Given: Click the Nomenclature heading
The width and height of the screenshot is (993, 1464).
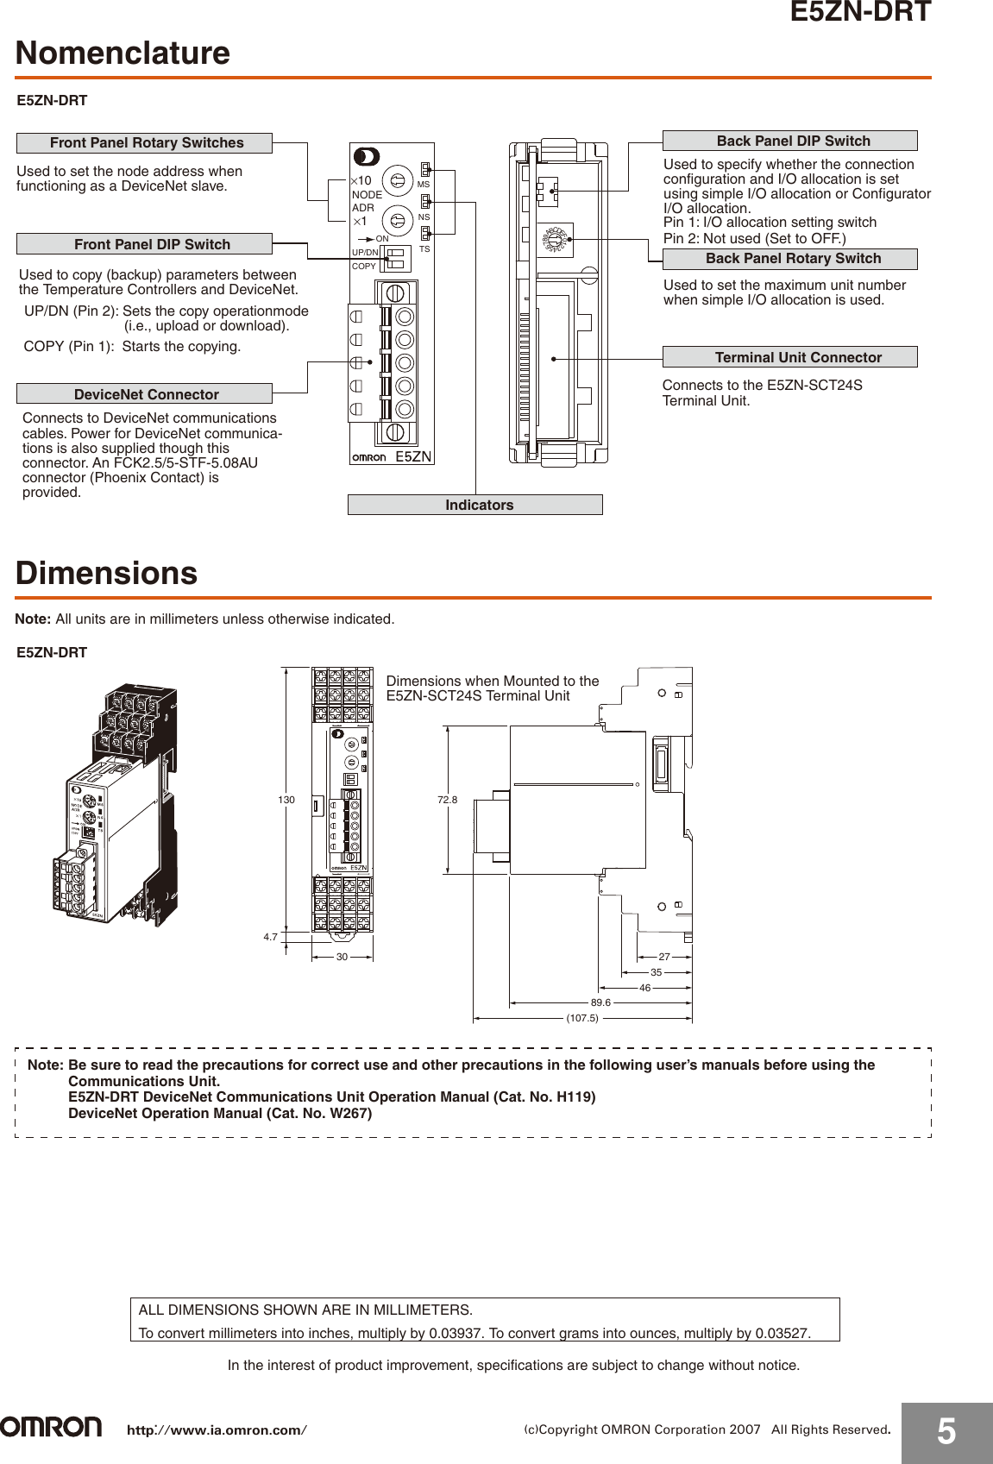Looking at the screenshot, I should coord(123,53).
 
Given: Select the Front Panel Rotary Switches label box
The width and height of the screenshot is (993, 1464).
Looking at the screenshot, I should coord(145,143).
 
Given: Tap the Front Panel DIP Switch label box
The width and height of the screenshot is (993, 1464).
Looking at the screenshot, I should coord(145,244).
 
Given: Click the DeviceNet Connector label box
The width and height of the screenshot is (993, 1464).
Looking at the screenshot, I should coord(145,394).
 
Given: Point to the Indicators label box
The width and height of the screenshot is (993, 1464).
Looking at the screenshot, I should coord(475,505).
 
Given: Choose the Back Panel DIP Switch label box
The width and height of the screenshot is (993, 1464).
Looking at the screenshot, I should coord(789,141).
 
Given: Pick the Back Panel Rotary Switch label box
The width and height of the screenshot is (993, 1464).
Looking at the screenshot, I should coord(789,259).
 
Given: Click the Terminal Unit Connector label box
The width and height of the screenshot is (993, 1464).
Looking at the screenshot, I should coord(789,357).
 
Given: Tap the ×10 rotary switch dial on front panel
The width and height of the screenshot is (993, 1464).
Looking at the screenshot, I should coord(397,181).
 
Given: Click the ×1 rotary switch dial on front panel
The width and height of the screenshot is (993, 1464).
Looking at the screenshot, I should coord(397,221).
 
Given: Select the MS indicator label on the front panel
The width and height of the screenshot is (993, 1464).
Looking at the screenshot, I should coord(423,185).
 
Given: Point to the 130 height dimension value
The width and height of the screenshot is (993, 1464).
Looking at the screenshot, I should coord(286,800).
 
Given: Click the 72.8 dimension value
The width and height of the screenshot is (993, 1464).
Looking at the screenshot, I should coord(447,800).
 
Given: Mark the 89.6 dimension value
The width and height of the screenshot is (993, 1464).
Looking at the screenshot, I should coord(600,1002).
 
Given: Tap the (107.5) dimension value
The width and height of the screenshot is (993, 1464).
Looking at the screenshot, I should coord(582,1018).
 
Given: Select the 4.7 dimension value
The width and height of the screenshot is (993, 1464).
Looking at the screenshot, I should coord(271,937).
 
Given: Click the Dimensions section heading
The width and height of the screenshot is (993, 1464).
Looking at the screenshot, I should coord(107,573).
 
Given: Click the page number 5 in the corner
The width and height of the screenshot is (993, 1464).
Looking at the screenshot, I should coord(946,1432).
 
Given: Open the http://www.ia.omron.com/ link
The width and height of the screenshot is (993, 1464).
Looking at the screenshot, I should coord(217,1430).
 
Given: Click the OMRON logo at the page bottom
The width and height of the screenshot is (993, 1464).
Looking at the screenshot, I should coord(51,1427).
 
